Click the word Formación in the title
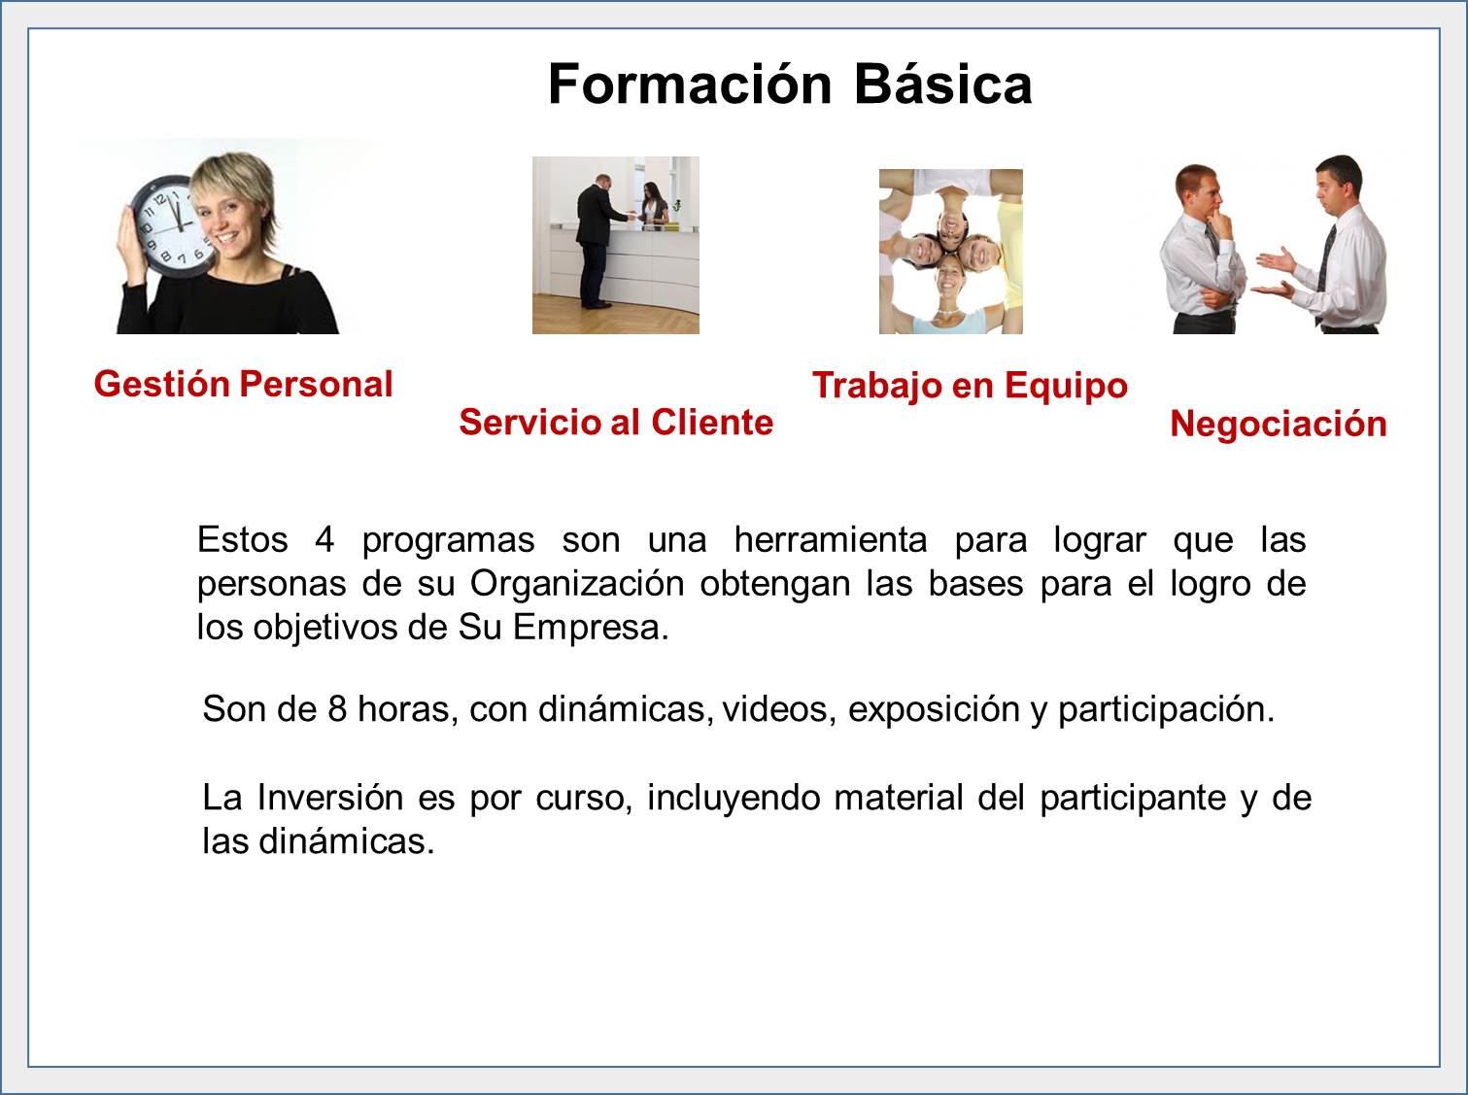pyautogui.click(x=690, y=85)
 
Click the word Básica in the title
pyautogui.click(x=943, y=85)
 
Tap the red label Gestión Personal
pyautogui.click(x=243, y=385)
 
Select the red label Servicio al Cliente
pyautogui.click(x=616, y=422)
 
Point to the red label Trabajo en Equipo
pyautogui.click(x=970, y=386)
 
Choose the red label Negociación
pyautogui.click(x=1278, y=424)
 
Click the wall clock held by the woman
pyautogui.click(x=168, y=224)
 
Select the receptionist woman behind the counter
pyautogui.click(x=654, y=203)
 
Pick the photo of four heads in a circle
pyautogui.click(x=950, y=252)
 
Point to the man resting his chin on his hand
pyautogui.click(x=1202, y=249)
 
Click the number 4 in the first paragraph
pyautogui.click(x=324, y=539)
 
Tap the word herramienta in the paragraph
pyautogui.click(x=831, y=539)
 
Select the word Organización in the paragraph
pyautogui.click(x=576, y=584)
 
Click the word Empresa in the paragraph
pyautogui.click(x=591, y=629)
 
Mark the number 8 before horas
pyautogui.click(x=337, y=709)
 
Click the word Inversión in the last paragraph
pyautogui.click(x=329, y=798)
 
